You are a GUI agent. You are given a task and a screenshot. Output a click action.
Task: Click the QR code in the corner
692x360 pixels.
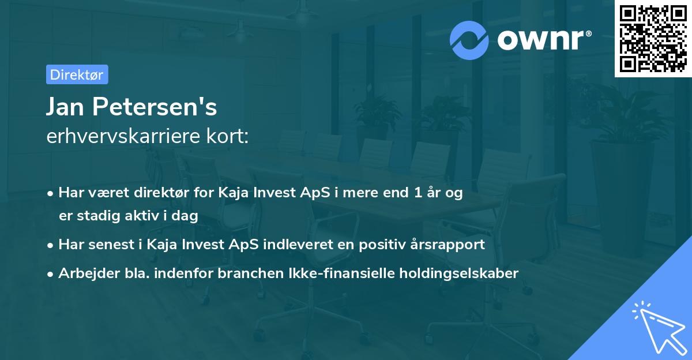(x=652, y=39)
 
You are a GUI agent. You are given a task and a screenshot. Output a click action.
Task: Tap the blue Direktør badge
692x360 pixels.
(x=77, y=74)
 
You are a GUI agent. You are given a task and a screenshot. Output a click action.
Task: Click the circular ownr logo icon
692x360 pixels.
(x=469, y=40)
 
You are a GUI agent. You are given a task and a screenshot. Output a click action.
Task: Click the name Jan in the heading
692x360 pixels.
(x=64, y=107)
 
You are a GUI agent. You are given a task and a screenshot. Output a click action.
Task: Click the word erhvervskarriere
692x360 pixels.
(x=121, y=136)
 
